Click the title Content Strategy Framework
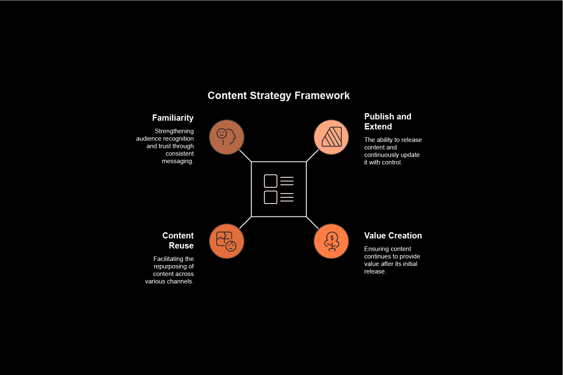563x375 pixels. pyautogui.click(x=278, y=96)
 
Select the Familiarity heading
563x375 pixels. pyautogui.click(x=173, y=118)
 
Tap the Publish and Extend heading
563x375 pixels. pyautogui.click(x=388, y=122)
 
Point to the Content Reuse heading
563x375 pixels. pyautogui.click(x=178, y=241)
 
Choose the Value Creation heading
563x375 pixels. pyautogui.click(x=393, y=236)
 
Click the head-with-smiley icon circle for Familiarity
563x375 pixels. pyautogui.click(x=227, y=137)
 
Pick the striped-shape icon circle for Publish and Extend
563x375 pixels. pyautogui.click(x=331, y=137)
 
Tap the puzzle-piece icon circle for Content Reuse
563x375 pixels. pyautogui.click(x=227, y=241)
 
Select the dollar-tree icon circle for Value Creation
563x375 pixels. pyautogui.click(x=331, y=241)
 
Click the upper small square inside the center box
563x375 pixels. pyautogui.click(x=270, y=181)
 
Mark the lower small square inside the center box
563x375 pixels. pyautogui.click(x=270, y=197)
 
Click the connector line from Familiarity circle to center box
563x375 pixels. pyautogui.click(x=245, y=156)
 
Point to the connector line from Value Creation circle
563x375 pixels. pyautogui.click(x=313, y=223)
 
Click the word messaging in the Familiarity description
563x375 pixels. pyautogui.click(x=178, y=161)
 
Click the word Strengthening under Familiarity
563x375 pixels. pyautogui.click(x=174, y=131)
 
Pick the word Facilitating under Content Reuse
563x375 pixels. pyautogui.click(x=165, y=259)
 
